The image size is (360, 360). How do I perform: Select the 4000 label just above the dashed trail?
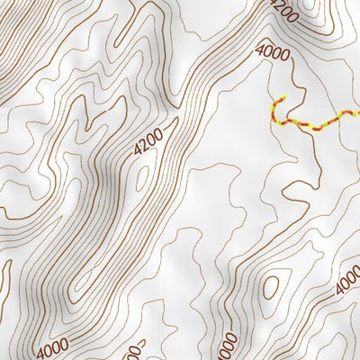click(x=273, y=52)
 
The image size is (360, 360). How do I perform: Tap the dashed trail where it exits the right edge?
click(x=357, y=111)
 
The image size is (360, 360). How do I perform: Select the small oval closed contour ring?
click(x=270, y=288)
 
